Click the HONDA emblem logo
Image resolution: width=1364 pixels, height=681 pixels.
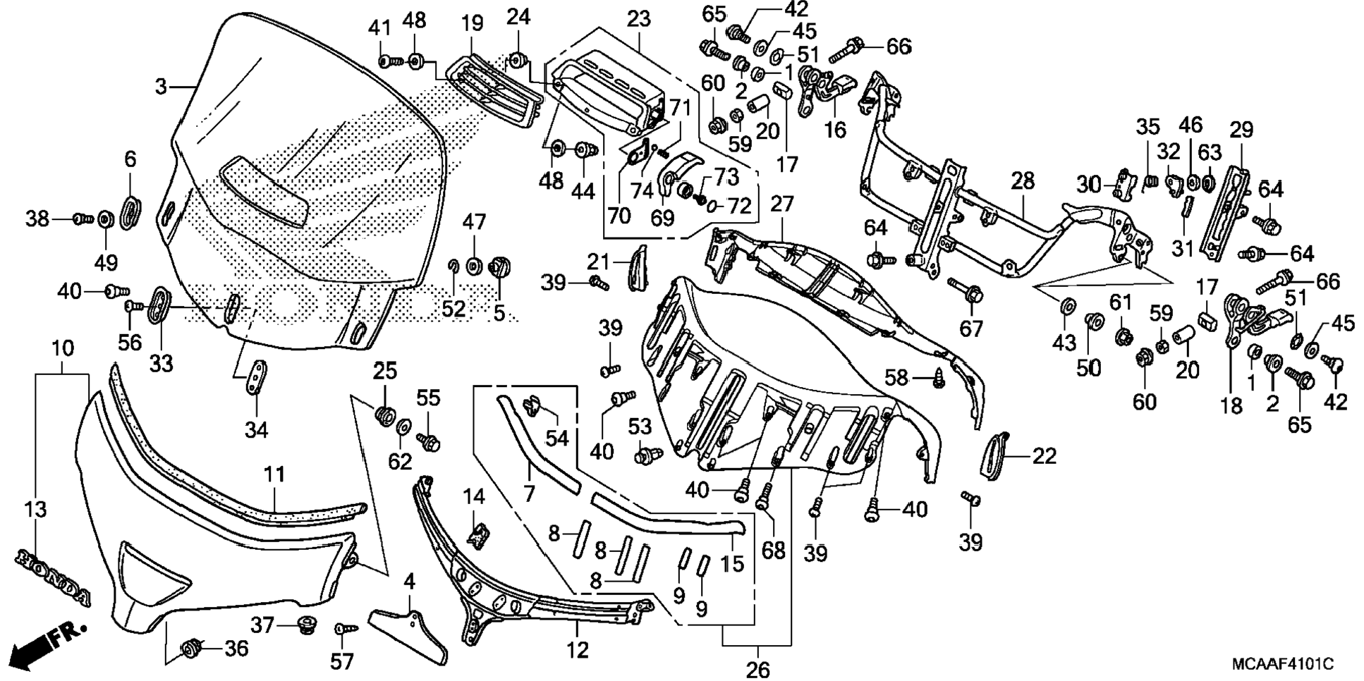53,575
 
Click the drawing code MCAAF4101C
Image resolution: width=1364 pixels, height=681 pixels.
1282,664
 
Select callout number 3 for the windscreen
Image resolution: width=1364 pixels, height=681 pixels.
161,87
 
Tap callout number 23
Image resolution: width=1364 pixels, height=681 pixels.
638,19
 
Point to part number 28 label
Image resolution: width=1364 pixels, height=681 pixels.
1022,181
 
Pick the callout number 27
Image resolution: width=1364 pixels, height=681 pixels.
782,204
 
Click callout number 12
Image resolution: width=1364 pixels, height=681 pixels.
578,649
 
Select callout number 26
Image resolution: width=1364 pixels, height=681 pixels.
758,668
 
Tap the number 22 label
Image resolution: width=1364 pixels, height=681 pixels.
1045,456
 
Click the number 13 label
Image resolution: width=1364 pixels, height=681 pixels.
35,509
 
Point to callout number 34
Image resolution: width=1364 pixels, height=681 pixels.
256,429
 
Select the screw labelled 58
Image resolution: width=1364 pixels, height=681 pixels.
937,379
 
